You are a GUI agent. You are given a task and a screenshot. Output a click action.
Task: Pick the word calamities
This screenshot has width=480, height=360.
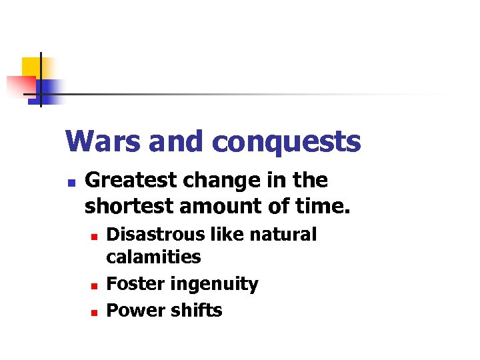(153, 257)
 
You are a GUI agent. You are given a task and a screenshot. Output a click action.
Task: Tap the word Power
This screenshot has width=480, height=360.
(129, 311)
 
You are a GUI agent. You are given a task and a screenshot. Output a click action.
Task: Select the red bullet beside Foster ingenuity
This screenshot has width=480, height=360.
(95, 285)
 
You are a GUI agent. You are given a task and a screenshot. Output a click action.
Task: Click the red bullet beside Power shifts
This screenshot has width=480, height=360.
(95, 312)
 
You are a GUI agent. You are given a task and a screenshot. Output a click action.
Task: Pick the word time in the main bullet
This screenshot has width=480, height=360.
(325, 206)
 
